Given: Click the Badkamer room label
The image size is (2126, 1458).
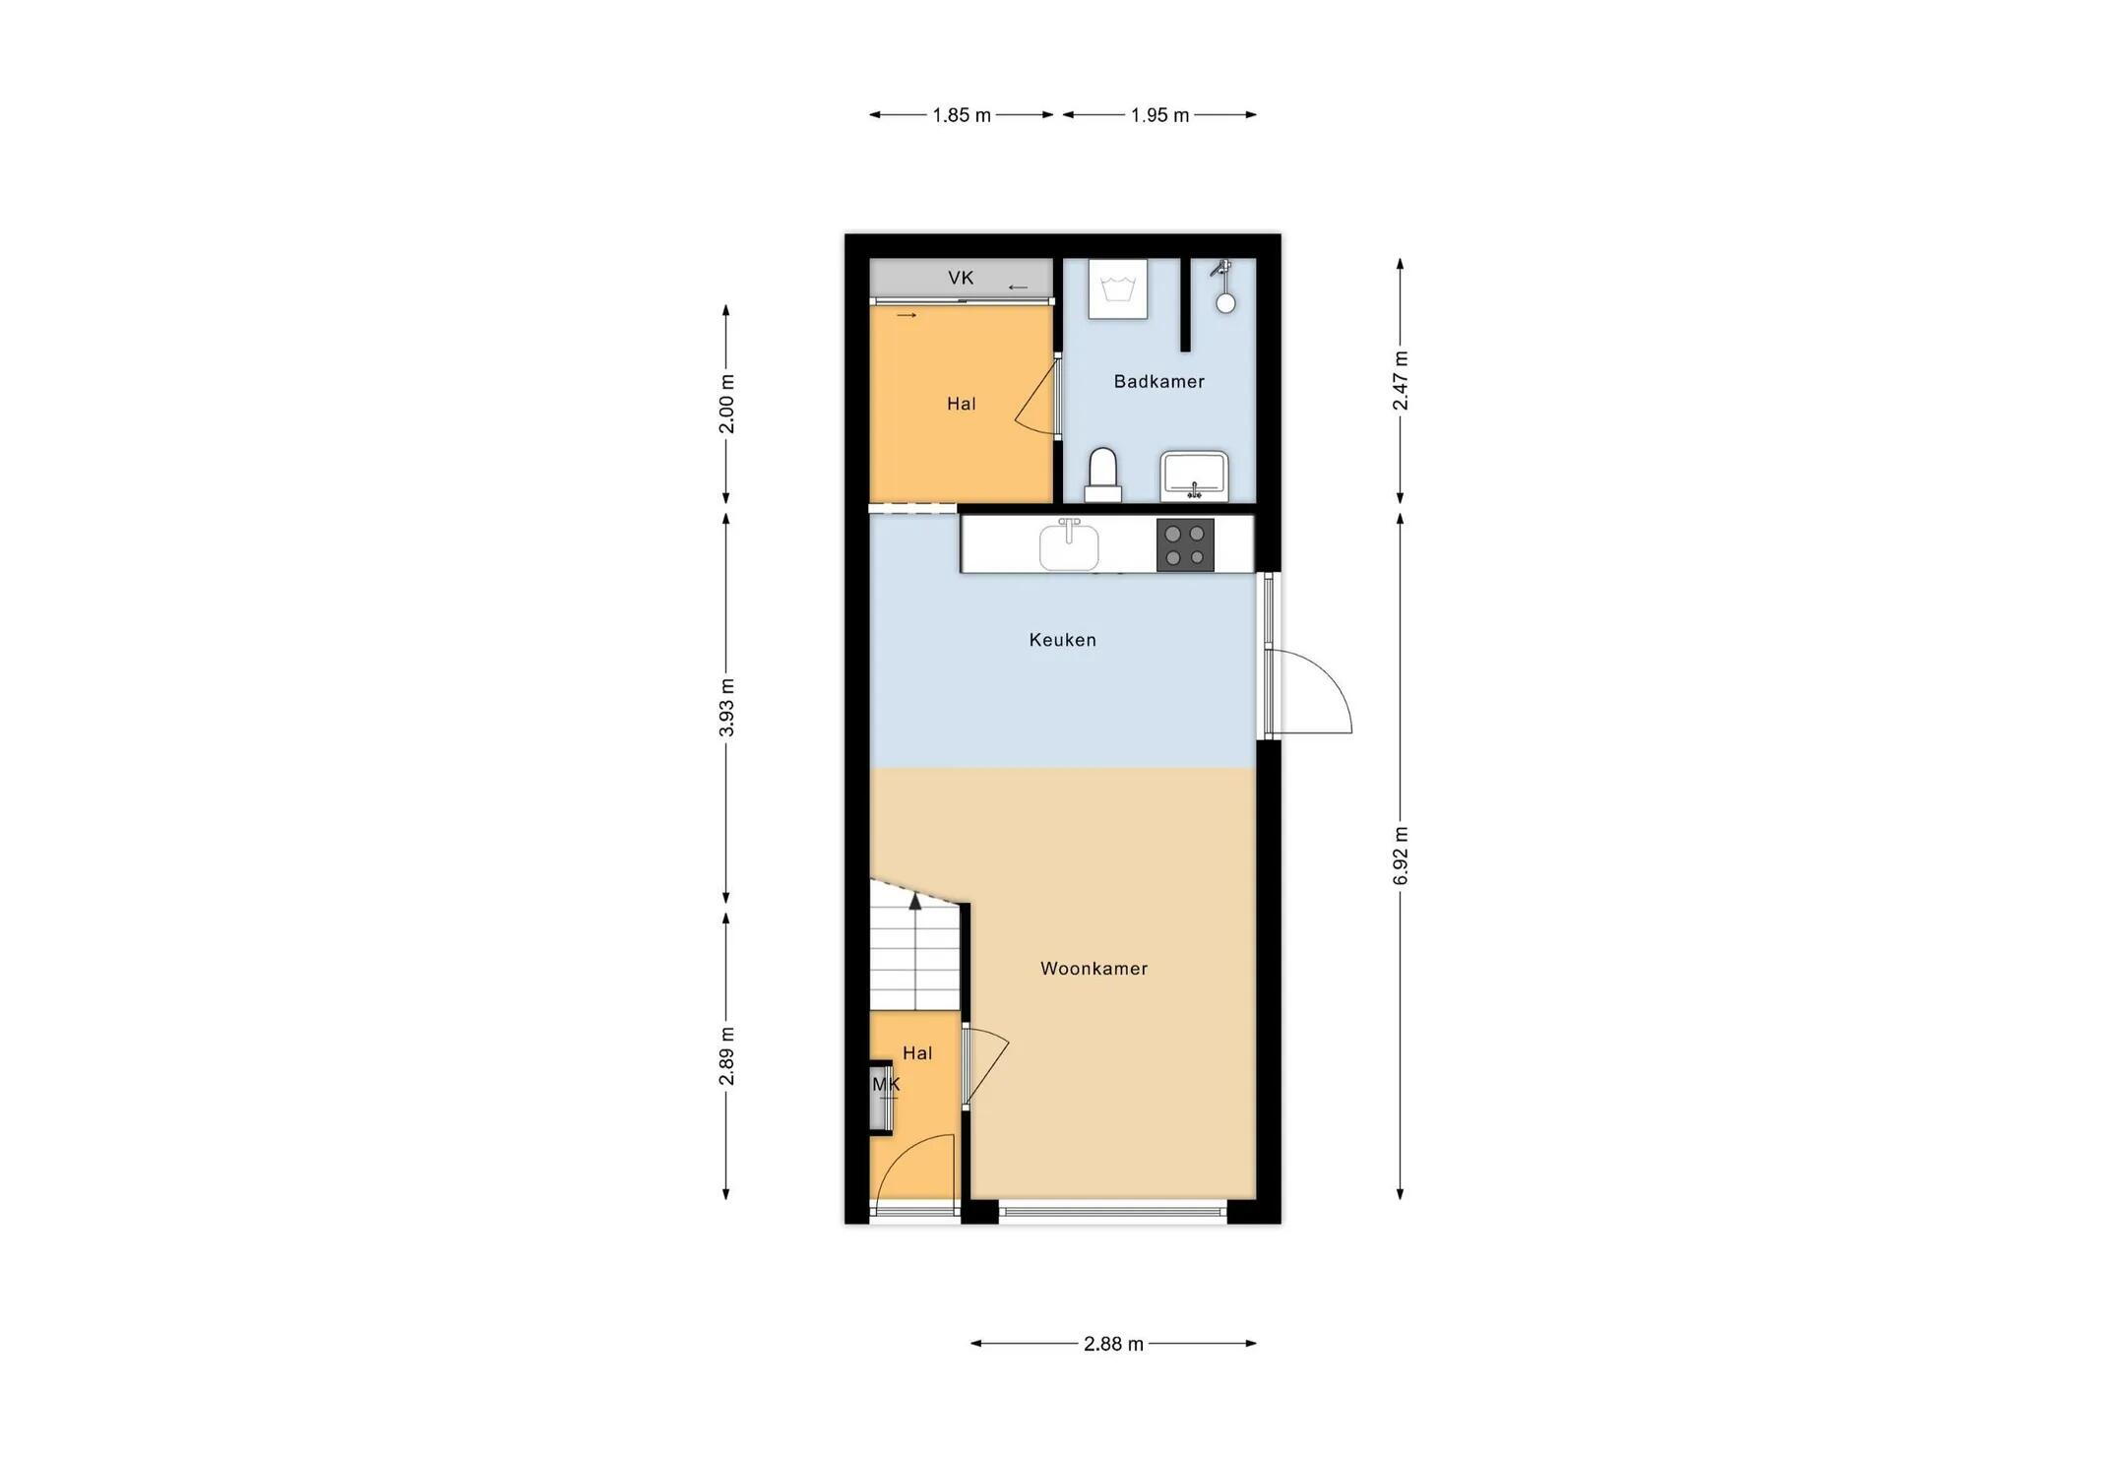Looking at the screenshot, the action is click(1158, 381).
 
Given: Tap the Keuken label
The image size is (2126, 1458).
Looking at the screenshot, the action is click(1062, 640).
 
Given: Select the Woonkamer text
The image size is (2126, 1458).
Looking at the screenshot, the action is click(1094, 969).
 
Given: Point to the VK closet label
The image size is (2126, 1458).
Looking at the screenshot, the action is click(961, 278).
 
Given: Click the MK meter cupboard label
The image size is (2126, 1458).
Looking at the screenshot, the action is click(886, 1084).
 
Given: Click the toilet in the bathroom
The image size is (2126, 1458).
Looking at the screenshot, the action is click(1102, 475).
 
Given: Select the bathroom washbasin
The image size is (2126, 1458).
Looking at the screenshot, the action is click(1194, 475).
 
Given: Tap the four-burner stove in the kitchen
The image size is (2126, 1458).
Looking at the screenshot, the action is click(1185, 544).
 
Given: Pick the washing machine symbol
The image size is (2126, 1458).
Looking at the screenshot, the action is click(1118, 288).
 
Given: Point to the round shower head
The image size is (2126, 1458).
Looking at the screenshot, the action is click(1225, 303).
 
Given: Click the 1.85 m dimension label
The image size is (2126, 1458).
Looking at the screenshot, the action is click(962, 115).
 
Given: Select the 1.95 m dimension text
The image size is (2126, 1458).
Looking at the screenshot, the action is click(1159, 115).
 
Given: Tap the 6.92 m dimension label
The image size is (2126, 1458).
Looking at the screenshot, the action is click(1401, 856).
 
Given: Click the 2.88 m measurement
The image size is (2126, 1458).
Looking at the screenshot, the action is click(1113, 1344).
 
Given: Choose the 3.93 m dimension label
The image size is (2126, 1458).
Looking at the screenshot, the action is click(726, 708).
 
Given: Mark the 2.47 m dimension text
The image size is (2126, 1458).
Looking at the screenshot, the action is click(1401, 381).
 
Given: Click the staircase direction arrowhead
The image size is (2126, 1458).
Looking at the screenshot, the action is click(915, 900).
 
